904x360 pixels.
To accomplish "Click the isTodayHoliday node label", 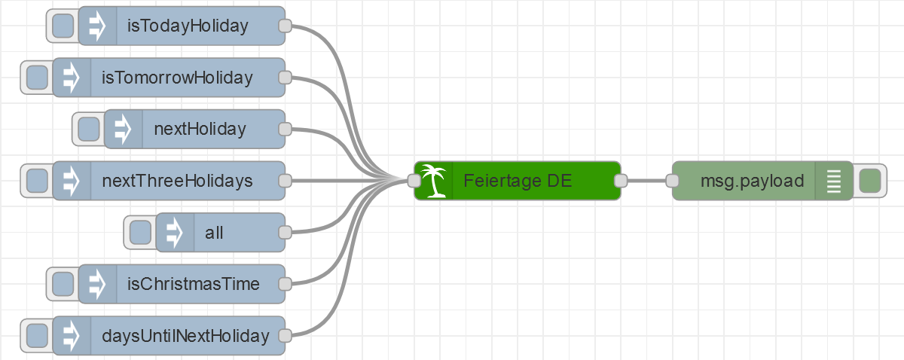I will [x=188, y=26].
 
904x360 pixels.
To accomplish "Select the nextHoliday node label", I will [x=200, y=129].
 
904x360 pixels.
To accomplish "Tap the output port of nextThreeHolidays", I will [x=285, y=181].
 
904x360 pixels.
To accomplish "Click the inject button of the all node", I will [x=140, y=232].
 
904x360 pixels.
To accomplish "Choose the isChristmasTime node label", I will [x=194, y=284].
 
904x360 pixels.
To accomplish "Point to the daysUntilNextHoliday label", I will [x=185, y=335].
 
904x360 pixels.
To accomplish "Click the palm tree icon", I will [x=433, y=181].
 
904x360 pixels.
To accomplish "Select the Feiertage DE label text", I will [x=518, y=181].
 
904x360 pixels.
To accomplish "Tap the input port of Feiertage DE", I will [x=414, y=181].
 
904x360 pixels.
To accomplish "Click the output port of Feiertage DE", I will [x=621, y=181].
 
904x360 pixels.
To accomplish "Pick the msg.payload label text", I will [x=752, y=181].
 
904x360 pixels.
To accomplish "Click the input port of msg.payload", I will [x=673, y=181].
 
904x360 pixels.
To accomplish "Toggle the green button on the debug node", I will [x=869, y=181].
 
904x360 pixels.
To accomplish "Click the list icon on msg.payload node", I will [x=833, y=181].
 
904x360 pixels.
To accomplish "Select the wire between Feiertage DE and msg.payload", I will [x=646, y=181].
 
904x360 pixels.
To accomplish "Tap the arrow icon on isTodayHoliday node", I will [x=97, y=26].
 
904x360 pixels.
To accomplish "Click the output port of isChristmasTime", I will [x=285, y=284].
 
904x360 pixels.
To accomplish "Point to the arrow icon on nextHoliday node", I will [x=123, y=129].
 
